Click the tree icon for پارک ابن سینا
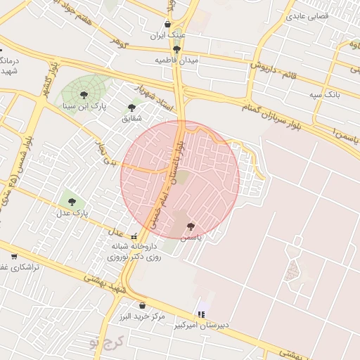(x=84, y=94)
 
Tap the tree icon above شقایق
(x=131, y=108)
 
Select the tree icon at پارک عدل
(x=72, y=202)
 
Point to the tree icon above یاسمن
(x=191, y=226)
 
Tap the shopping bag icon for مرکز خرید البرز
(x=143, y=306)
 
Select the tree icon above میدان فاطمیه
(x=176, y=49)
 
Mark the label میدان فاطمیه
(x=176, y=60)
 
